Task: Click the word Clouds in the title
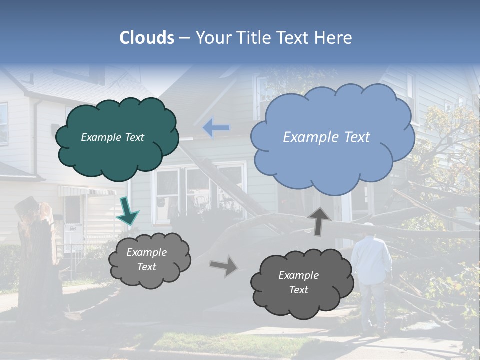coord(147,38)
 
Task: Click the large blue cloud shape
coord(332,138)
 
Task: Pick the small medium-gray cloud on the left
coord(149,259)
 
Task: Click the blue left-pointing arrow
coord(216,128)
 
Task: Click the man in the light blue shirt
coord(371,260)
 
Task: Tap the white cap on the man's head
coord(369,226)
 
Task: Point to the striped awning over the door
coord(87,191)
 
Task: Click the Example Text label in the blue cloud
coord(326,137)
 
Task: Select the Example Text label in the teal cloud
coord(112,137)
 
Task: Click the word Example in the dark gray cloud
coord(298,275)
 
